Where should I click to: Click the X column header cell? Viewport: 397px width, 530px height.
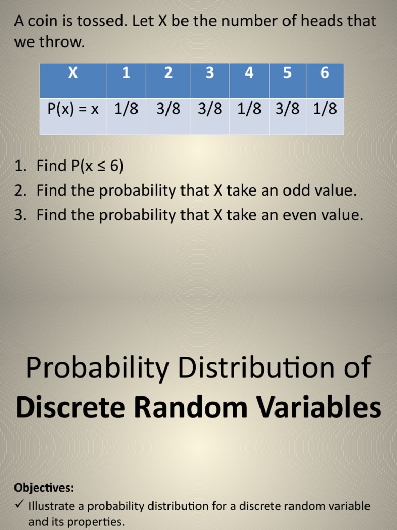point(73,73)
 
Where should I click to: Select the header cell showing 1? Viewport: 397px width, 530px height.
point(126,73)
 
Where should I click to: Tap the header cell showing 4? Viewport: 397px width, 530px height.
point(249,73)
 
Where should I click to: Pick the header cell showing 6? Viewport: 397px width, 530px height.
point(325,73)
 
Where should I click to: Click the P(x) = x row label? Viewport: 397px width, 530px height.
point(73,109)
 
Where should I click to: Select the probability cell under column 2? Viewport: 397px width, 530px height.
point(168,109)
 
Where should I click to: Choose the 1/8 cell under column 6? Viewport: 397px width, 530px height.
point(325,109)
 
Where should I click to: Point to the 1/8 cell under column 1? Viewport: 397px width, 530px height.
point(126,109)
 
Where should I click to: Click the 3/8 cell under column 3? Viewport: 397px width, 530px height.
point(210,109)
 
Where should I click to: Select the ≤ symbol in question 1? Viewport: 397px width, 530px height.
point(100,166)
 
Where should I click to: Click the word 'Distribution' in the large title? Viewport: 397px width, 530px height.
point(251,367)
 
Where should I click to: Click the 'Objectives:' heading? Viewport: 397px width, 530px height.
point(44,488)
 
